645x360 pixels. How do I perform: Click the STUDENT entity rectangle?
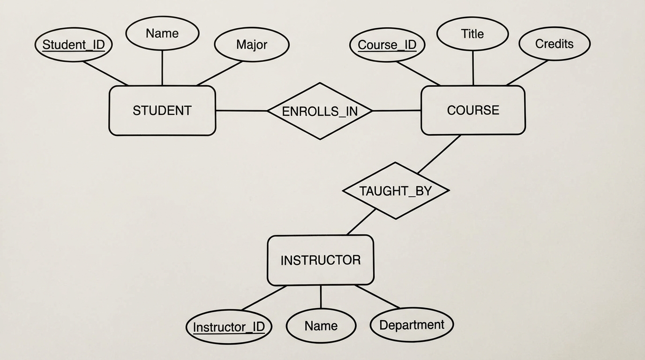coord(162,111)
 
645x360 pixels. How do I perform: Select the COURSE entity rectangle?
coord(473,110)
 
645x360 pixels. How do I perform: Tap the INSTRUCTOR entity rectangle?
coord(321,260)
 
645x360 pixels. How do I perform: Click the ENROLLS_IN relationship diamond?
coord(320,111)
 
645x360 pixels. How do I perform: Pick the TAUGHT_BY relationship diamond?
coord(396,191)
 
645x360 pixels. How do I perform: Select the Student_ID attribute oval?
coord(74,45)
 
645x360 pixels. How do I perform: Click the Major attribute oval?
coord(252,45)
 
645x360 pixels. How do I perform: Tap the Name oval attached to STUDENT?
coord(162,33)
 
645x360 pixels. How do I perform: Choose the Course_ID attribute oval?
coord(387,45)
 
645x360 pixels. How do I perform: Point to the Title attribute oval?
coord(472,34)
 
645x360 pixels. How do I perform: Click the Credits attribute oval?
coord(555,44)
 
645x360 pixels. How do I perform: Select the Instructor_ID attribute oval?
coord(229,327)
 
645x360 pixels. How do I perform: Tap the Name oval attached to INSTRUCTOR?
coord(321,326)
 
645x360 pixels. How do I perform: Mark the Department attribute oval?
coord(412,325)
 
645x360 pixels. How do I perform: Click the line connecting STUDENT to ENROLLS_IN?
coord(241,111)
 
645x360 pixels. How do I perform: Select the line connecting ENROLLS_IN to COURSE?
coord(397,111)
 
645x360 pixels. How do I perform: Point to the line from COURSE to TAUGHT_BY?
coord(439,154)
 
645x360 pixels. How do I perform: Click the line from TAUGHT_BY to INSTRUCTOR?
coord(361,222)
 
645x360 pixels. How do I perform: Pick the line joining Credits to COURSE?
coord(527,73)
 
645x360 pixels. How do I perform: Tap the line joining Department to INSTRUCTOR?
coord(377,297)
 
